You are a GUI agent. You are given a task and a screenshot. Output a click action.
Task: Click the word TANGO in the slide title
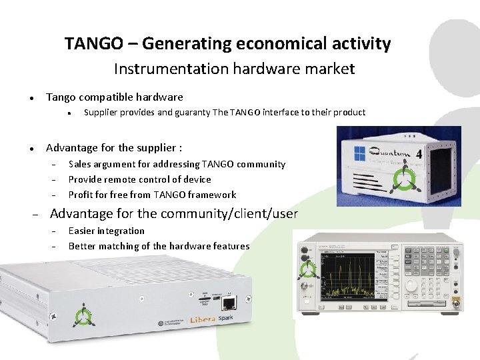(x=93, y=44)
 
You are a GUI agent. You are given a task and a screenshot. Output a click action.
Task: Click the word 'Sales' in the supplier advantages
(x=80, y=164)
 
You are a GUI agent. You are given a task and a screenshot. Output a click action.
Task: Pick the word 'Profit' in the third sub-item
(x=81, y=195)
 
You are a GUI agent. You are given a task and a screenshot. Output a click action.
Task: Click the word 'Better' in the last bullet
(x=82, y=246)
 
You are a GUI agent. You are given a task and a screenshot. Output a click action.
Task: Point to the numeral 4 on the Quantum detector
(x=418, y=155)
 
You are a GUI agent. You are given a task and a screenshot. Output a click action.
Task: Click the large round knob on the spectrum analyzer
(x=411, y=285)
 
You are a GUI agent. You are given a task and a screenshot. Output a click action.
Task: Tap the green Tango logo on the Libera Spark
(x=83, y=315)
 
